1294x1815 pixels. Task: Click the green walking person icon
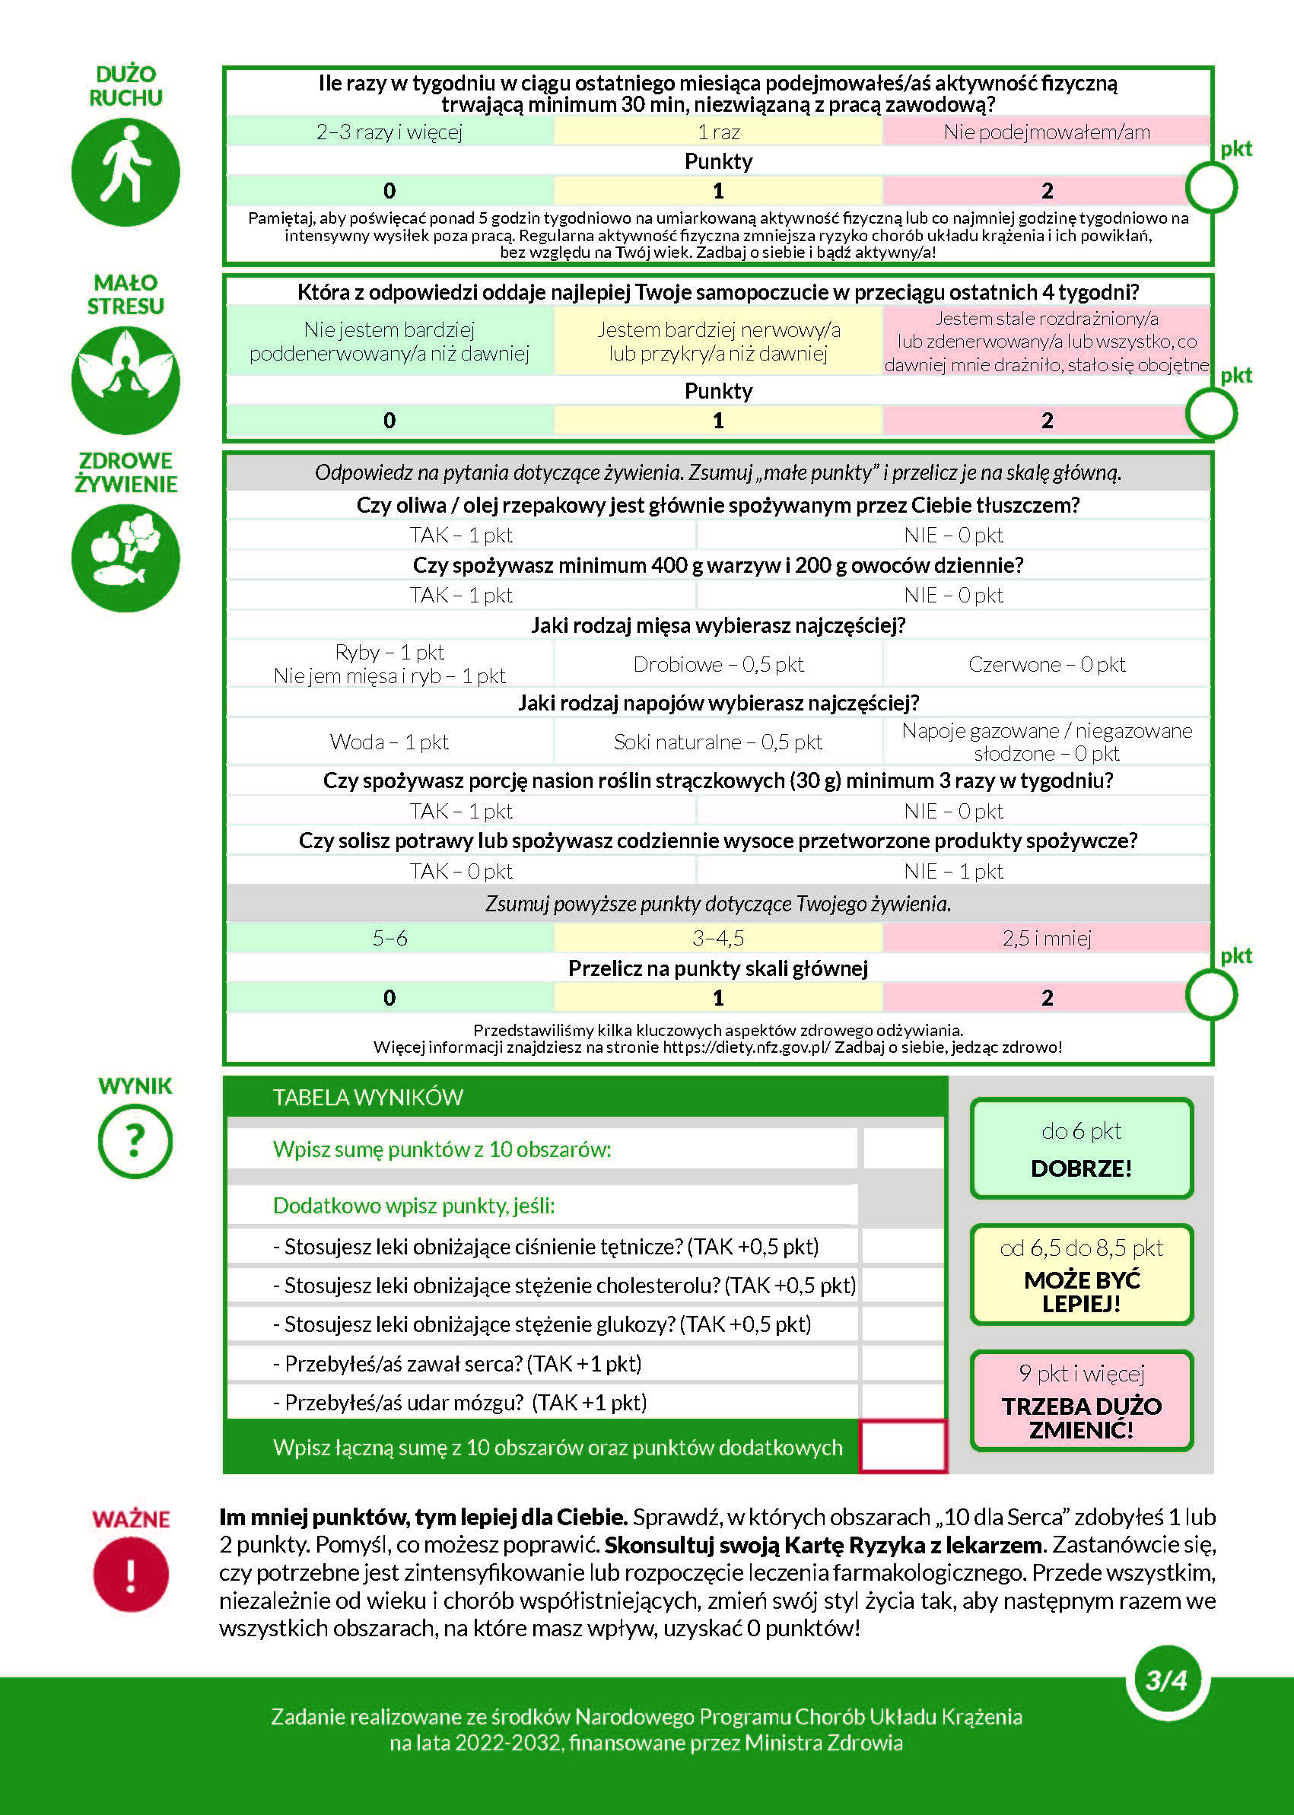click(125, 172)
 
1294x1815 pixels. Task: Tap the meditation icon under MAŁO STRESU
click(125, 380)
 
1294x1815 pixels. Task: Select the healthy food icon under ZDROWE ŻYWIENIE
click(125, 558)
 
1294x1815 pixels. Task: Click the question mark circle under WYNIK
click(135, 1141)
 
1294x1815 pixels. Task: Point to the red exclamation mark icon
click(131, 1575)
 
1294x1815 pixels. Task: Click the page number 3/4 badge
click(1166, 1680)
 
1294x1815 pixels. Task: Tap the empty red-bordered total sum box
click(903, 1446)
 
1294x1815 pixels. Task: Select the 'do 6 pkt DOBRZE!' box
click(1081, 1148)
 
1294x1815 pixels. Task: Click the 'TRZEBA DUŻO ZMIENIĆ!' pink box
click(1081, 1400)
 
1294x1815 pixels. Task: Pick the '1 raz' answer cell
click(718, 132)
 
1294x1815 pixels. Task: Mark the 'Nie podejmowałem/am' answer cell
click(1046, 132)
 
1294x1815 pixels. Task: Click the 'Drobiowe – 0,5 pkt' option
click(718, 663)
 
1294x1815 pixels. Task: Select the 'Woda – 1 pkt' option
click(389, 742)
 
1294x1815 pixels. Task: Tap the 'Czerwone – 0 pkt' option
click(1046, 663)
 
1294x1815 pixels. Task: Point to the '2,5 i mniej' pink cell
click(1046, 938)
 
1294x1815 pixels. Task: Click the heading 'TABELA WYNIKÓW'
click(367, 1097)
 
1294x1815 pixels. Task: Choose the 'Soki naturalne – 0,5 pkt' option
click(718, 742)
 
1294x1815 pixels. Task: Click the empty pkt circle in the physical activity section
click(1211, 188)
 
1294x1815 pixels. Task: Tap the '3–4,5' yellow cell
click(718, 938)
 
